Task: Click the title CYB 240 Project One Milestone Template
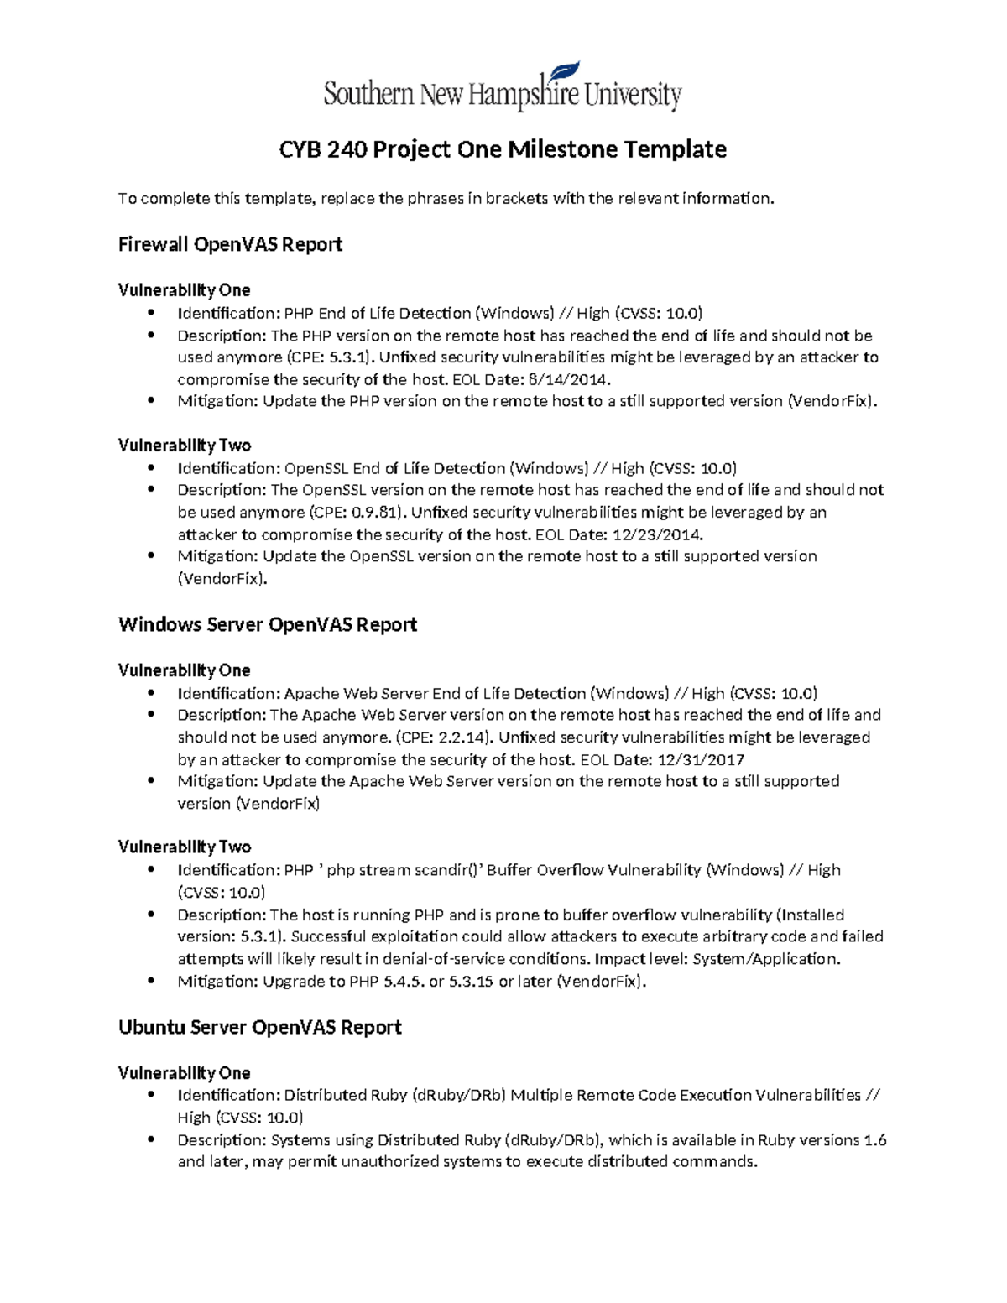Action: [x=503, y=149]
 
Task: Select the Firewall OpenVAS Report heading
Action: [x=230, y=244]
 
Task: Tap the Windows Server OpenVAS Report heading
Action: [x=268, y=624]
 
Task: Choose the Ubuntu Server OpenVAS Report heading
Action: [x=260, y=1027]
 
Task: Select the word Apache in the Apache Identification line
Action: [x=309, y=693]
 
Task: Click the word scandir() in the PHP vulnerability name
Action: [x=444, y=870]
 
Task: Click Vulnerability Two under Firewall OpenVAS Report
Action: [x=185, y=445]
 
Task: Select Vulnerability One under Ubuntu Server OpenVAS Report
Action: [x=185, y=1073]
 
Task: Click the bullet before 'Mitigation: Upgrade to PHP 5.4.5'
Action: [x=151, y=981]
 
